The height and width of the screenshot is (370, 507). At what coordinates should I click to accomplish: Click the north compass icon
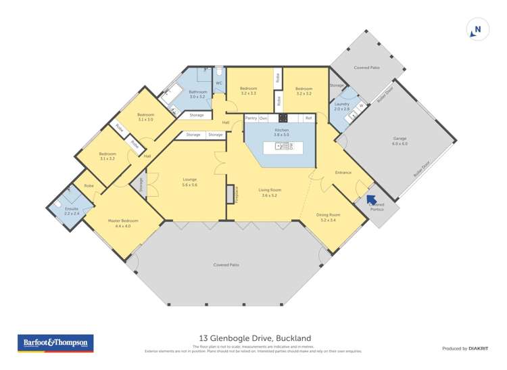pyautogui.click(x=477, y=30)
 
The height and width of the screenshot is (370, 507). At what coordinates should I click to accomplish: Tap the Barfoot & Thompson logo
pyautogui.click(x=55, y=343)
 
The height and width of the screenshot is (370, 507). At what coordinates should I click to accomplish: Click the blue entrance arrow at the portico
pyautogui.click(x=370, y=199)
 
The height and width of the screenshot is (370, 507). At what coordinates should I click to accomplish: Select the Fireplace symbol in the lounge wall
pyautogui.click(x=231, y=194)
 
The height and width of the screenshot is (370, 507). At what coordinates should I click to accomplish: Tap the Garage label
pyautogui.click(x=400, y=141)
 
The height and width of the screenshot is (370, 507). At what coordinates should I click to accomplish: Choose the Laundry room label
pyautogui.click(x=341, y=104)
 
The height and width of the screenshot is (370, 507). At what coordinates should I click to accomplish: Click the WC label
pyautogui.click(x=219, y=83)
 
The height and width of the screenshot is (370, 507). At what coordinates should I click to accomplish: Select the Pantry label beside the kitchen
pyautogui.click(x=251, y=118)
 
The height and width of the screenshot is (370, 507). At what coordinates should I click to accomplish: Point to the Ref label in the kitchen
pyautogui.click(x=308, y=118)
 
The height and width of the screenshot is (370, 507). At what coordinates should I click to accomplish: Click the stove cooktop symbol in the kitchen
pyautogui.click(x=283, y=118)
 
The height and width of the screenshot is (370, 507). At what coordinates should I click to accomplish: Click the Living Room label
pyautogui.click(x=269, y=190)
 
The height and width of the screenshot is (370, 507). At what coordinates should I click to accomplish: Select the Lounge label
pyautogui.click(x=189, y=179)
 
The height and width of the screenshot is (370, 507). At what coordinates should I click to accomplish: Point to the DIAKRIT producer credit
pyautogui.click(x=477, y=348)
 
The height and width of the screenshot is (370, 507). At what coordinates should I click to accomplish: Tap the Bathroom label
pyautogui.click(x=197, y=92)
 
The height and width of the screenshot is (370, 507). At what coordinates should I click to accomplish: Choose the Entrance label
pyautogui.click(x=343, y=172)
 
